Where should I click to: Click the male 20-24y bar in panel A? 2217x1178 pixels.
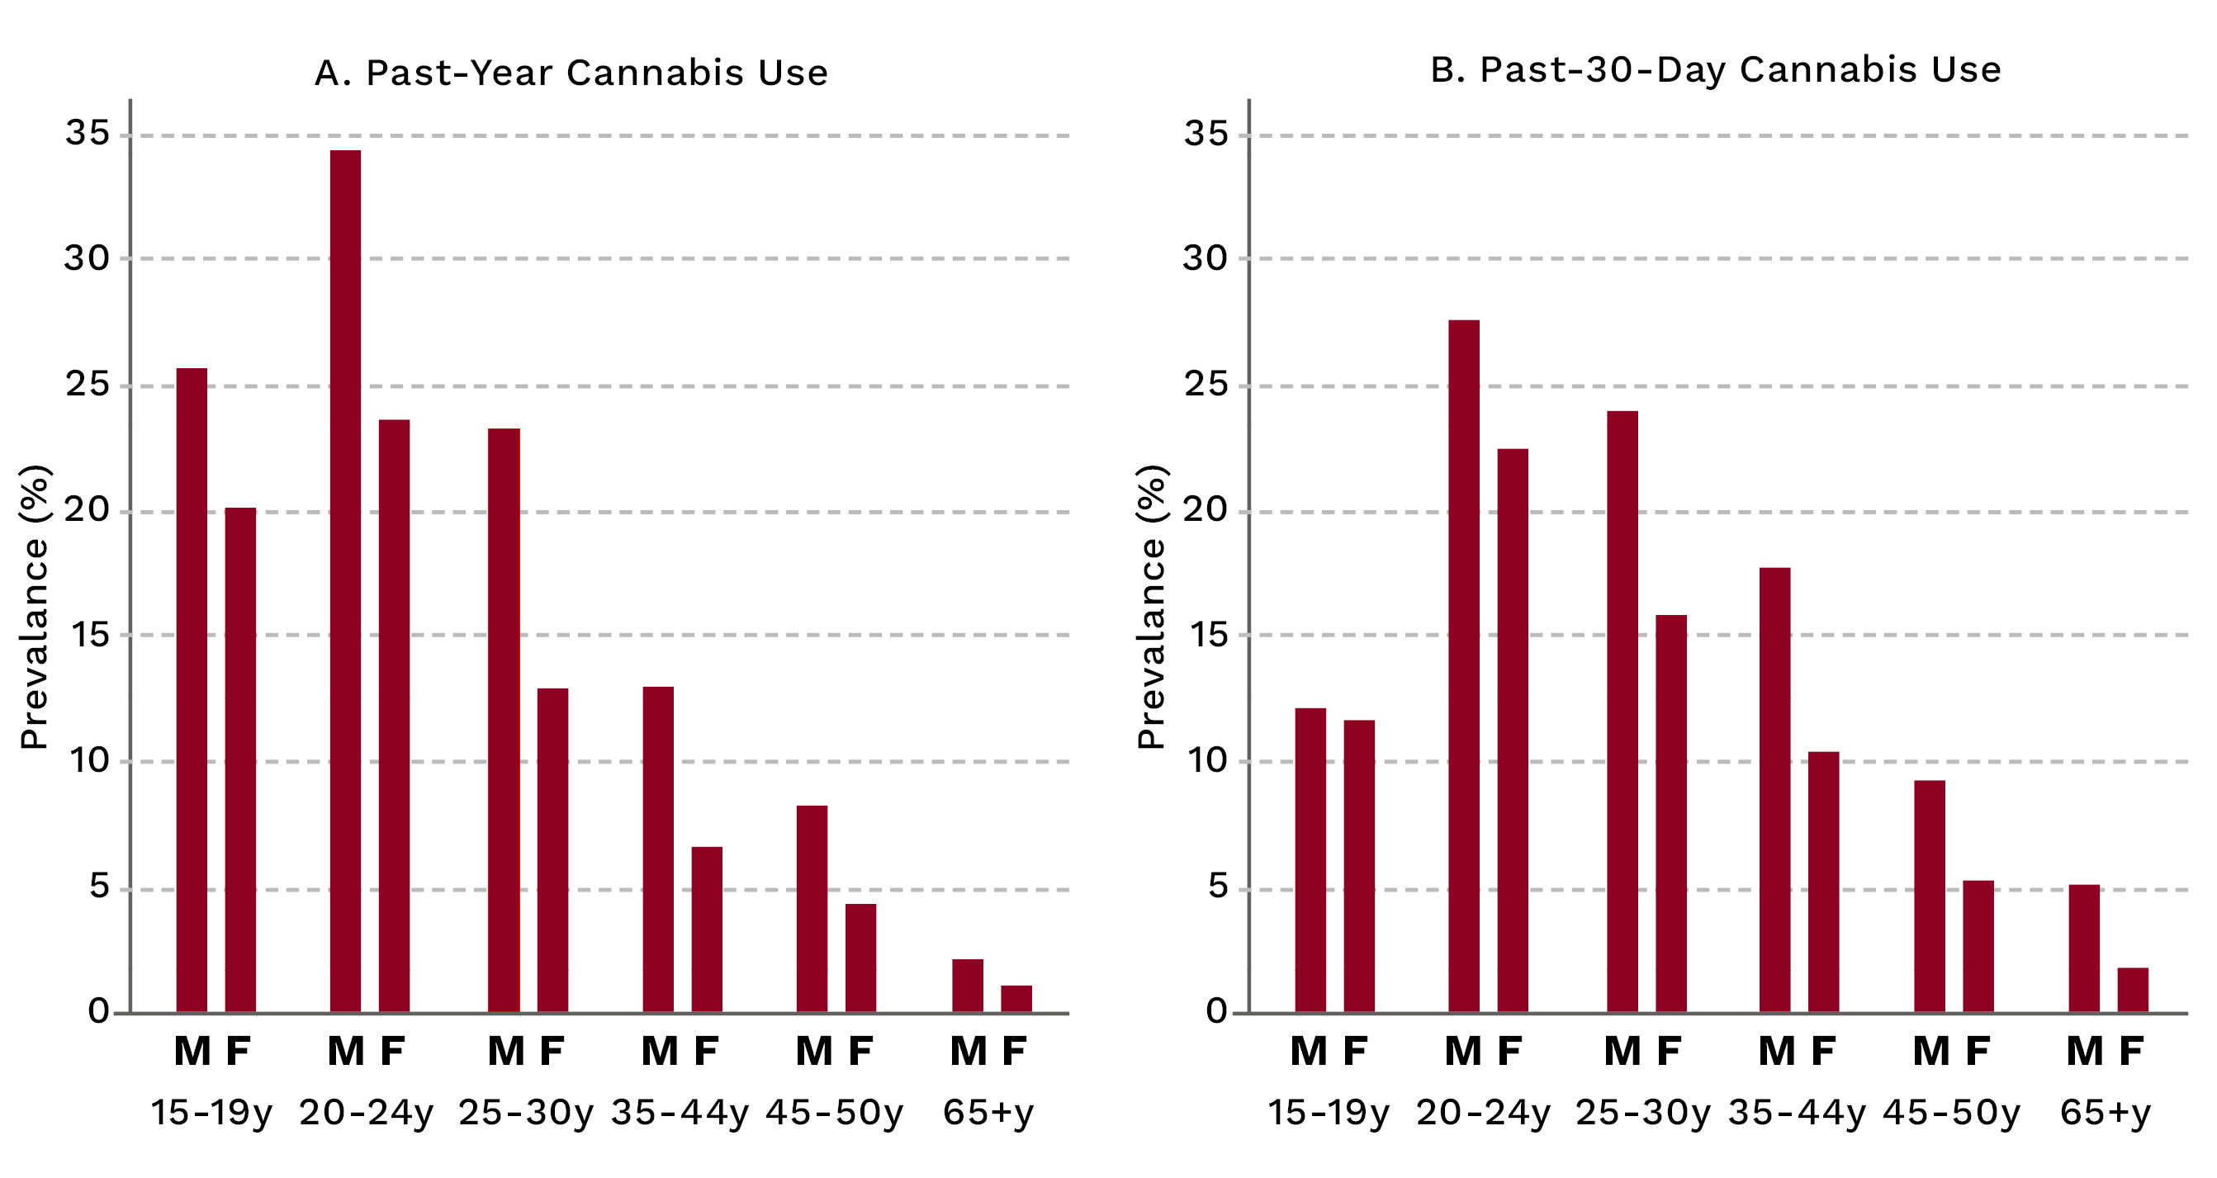345,581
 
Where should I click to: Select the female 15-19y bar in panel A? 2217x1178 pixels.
240,759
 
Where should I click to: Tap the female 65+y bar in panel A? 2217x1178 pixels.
1016,998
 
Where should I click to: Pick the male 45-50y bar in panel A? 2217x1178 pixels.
812,909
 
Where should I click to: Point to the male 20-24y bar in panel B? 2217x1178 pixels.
1463,666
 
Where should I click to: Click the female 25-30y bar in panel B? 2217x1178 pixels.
1670,813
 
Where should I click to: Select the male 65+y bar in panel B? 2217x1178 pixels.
2083,949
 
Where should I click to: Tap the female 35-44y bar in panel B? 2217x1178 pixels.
1823,882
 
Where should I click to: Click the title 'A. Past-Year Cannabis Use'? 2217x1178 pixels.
571,73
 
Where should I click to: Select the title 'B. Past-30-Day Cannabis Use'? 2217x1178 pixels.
1715,69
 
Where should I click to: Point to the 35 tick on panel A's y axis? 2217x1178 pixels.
88,134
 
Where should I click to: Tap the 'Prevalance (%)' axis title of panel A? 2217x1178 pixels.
35,607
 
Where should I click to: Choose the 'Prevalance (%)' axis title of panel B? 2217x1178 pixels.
1151,607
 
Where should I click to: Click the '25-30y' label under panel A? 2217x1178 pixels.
525,1113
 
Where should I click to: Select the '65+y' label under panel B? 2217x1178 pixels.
2104,1113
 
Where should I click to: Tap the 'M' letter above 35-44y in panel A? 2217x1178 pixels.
659,1052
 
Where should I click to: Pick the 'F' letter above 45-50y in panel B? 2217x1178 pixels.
1978,1052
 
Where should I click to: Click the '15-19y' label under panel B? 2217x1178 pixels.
1328,1113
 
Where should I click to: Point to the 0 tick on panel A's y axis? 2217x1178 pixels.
98,1011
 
